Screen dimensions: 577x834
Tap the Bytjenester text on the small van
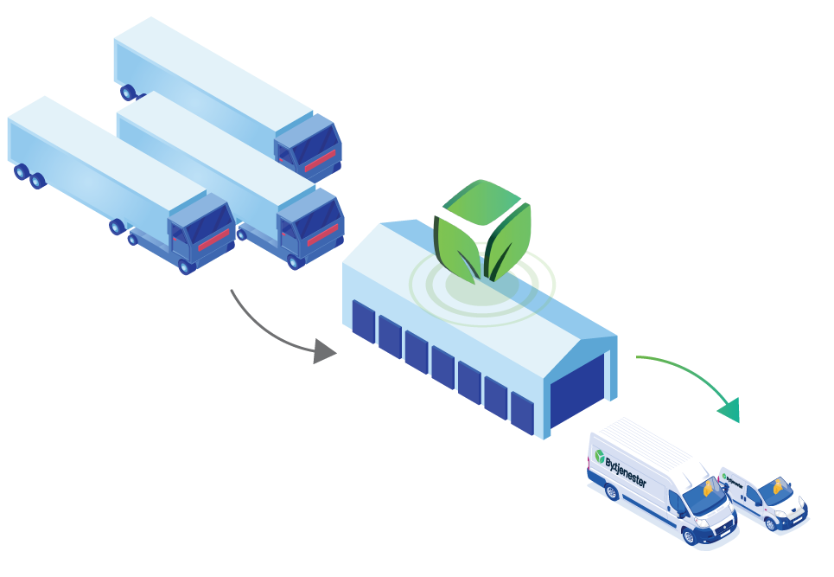pos(735,478)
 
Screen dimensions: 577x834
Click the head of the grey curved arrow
pos(326,351)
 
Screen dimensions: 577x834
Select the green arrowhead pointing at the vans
pos(731,410)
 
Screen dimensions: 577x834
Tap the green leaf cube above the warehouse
pos(482,229)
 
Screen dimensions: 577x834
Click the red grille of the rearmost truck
pos(321,160)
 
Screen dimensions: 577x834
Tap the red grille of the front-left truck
pos(213,240)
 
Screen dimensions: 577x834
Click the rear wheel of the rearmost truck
pos(128,92)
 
